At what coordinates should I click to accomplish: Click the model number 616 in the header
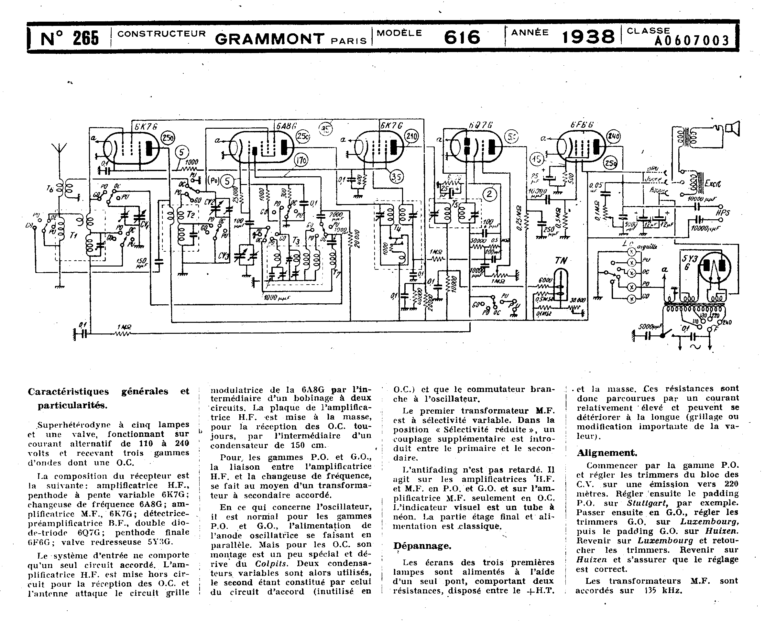pos(462,37)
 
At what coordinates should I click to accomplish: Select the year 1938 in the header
pos(588,37)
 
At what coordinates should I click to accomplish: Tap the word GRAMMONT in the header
pos(270,38)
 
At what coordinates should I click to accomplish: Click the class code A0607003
pos(691,41)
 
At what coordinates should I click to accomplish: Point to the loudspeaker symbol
pos(732,129)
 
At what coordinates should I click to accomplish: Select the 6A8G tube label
pos(286,126)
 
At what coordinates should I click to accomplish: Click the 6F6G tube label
pos(582,125)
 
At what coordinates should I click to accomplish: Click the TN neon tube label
pos(561,261)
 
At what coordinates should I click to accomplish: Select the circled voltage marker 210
pos(412,136)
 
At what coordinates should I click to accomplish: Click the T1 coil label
pos(74,235)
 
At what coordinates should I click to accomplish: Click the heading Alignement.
pos(607,453)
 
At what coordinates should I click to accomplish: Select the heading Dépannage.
pos(422,546)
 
